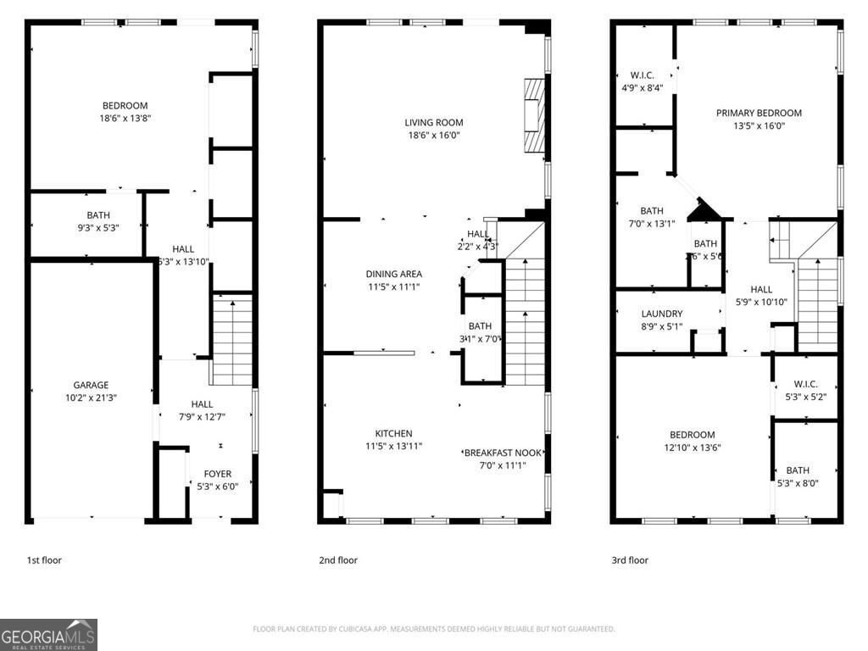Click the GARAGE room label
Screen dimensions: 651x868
click(x=90, y=385)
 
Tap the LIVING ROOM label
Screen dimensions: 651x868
click(x=434, y=123)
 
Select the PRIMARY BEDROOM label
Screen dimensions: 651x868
click(x=758, y=113)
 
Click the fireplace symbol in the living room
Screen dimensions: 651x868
click(x=533, y=115)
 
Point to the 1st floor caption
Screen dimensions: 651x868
click(x=44, y=560)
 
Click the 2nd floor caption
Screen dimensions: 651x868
click(x=337, y=560)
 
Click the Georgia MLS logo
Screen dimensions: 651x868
click(x=48, y=635)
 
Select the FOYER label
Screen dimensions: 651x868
click(x=218, y=474)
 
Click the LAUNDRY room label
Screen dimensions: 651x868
click(x=661, y=314)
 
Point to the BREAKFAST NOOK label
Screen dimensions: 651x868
click(x=503, y=453)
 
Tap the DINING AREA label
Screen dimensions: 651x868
click(x=393, y=274)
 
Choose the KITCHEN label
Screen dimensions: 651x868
click(x=393, y=433)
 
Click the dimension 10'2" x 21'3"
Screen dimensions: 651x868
click(x=90, y=397)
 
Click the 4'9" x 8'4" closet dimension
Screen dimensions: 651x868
click(x=642, y=87)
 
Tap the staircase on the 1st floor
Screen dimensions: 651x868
click(x=232, y=339)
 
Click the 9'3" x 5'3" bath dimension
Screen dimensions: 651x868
click(x=97, y=227)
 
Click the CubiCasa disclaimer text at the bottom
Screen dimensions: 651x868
click(x=434, y=629)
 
